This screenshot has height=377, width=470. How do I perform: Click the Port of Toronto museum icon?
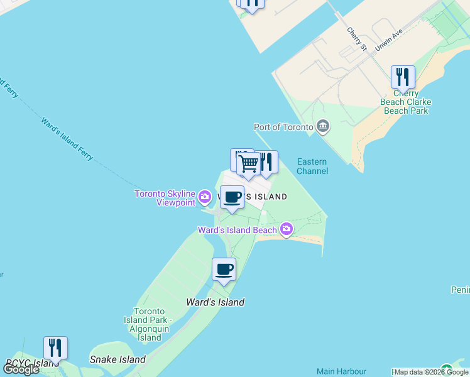tap(323, 126)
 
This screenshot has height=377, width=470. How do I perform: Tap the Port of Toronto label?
tap(283, 127)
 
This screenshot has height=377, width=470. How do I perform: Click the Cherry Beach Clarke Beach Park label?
tap(405, 102)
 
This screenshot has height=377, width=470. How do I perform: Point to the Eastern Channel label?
tap(312, 166)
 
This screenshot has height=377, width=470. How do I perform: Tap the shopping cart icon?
tap(249, 164)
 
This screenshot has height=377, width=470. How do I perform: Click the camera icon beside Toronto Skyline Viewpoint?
tap(205, 197)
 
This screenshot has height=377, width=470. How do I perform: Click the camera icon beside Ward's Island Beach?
tap(287, 229)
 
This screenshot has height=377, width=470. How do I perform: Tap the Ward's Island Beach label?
tap(238, 230)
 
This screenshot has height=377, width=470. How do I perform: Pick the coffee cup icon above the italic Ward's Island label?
tap(224, 270)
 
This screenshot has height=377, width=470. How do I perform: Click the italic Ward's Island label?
tap(215, 302)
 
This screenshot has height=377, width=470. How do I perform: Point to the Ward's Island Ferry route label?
tap(67, 138)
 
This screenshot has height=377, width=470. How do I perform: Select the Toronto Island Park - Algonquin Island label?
tap(150, 324)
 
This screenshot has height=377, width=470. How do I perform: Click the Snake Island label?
tap(117, 359)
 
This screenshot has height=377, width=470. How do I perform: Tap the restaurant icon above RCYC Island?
tap(55, 348)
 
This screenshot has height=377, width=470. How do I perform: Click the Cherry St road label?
tap(356, 39)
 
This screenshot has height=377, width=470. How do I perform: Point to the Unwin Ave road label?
tap(388, 41)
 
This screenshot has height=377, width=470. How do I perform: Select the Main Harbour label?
tap(341, 371)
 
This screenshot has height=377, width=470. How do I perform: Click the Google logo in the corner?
tap(21, 369)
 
